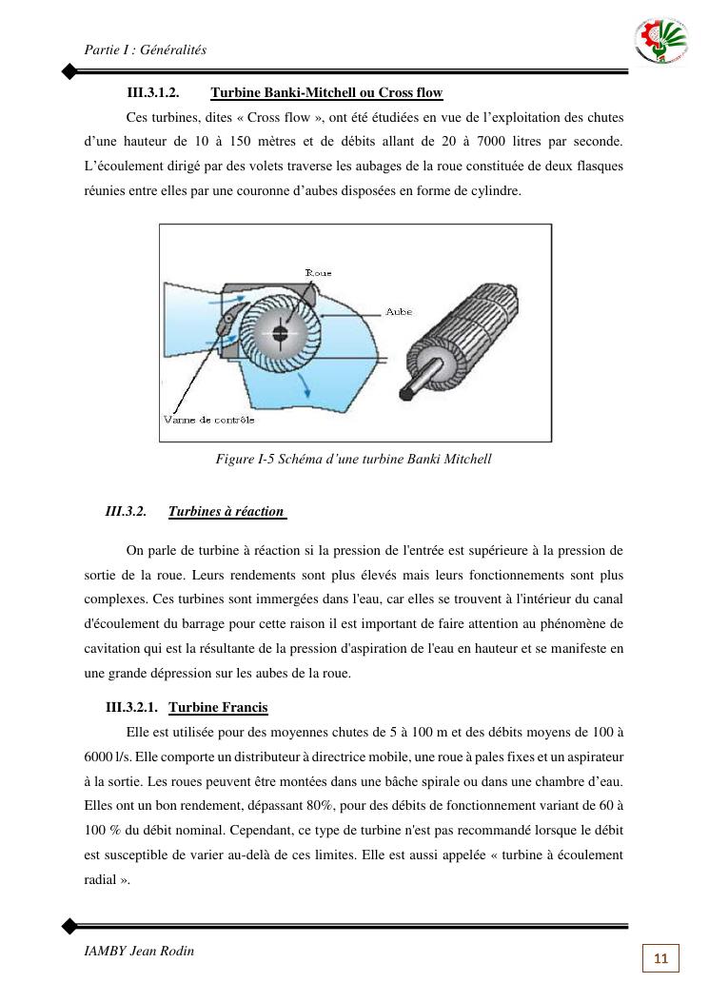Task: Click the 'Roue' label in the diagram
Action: pos(318,273)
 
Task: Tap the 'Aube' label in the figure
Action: pos(399,311)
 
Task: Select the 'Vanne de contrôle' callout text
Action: pos(208,420)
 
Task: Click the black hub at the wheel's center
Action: pos(280,333)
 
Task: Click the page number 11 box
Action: pos(661,958)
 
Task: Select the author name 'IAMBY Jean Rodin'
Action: pos(139,952)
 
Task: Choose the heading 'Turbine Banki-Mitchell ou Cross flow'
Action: pos(326,93)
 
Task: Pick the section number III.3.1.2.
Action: pos(153,93)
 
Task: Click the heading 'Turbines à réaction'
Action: pos(226,512)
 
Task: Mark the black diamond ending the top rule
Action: pos(69,71)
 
